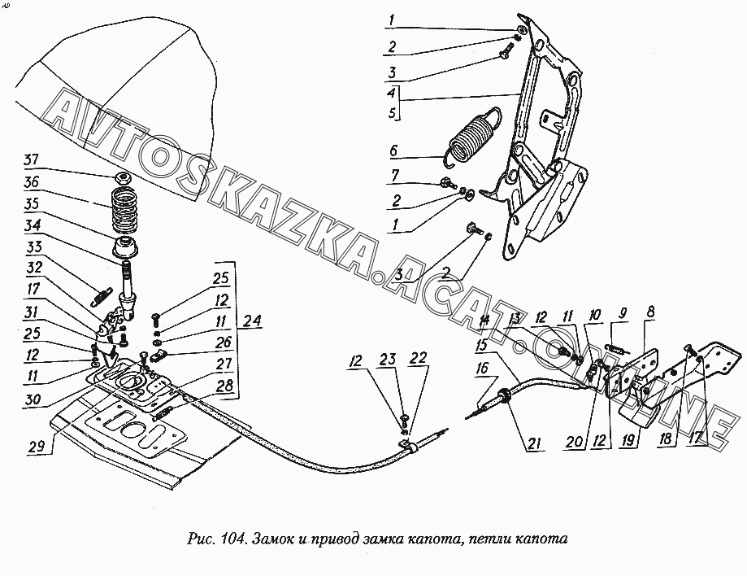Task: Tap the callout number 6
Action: click(x=393, y=151)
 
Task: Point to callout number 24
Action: click(x=253, y=321)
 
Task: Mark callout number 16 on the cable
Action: click(x=483, y=369)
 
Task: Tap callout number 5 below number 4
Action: click(x=393, y=114)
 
